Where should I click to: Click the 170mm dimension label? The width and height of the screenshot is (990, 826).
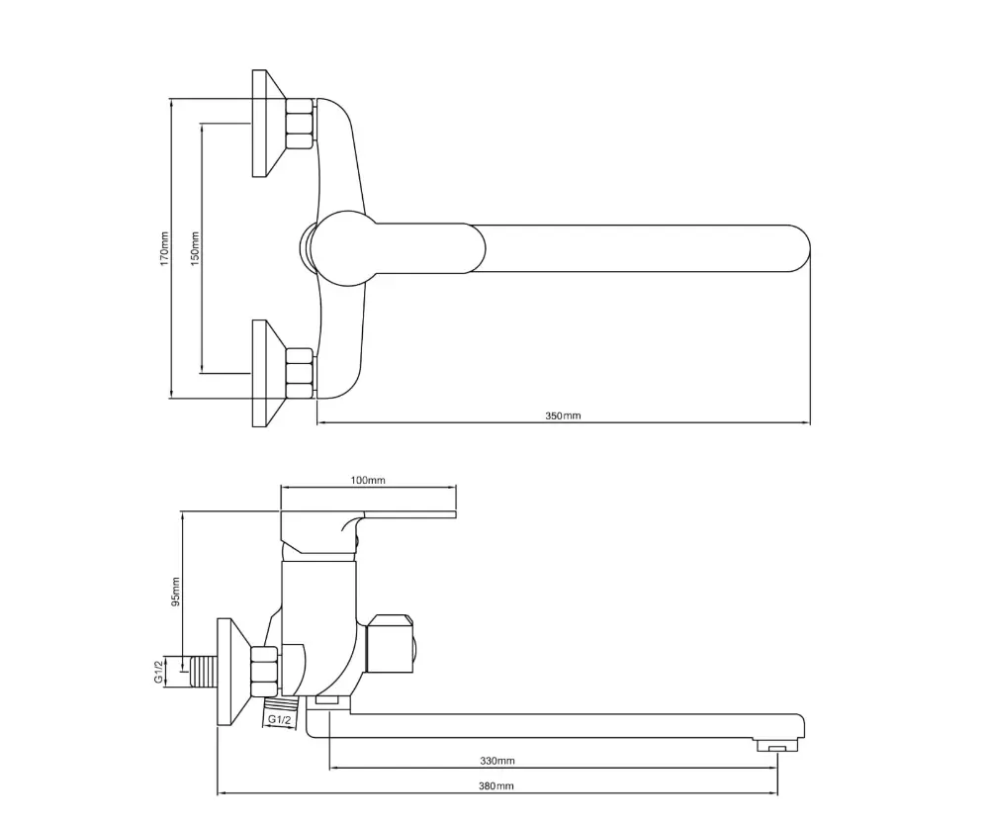click(164, 248)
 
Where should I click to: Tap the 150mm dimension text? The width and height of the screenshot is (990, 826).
click(195, 248)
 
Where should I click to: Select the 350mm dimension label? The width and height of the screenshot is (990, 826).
click(563, 415)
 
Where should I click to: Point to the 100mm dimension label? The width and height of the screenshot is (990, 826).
click(368, 480)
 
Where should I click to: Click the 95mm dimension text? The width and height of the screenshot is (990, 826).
click(175, 592)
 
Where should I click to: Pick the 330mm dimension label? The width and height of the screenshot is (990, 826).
click(496, 761)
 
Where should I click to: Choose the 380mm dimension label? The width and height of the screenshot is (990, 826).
click(495, 785)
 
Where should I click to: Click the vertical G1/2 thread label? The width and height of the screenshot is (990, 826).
click(158, 670)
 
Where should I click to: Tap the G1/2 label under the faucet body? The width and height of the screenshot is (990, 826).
click(280, 719)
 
